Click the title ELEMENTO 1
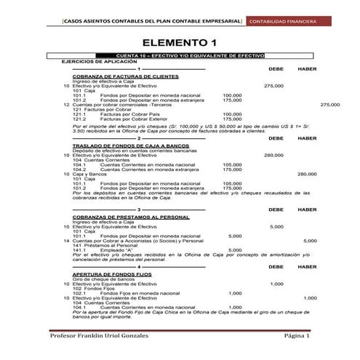pyautogui.click(x=179, y=41)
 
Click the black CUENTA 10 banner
pyautogui.click(x=179, y=56)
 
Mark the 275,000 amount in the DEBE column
pyautogui.click(x=273, y=85)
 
